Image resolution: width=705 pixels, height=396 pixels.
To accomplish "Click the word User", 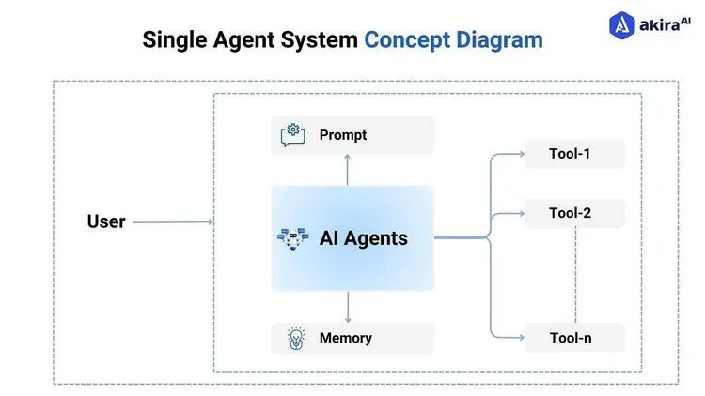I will tap(106, 221).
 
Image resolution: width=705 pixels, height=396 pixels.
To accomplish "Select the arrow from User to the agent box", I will tap(173, 222).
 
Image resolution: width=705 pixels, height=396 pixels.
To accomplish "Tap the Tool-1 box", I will tap(573, 153).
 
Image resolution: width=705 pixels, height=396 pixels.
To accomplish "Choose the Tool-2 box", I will tap(573, 213).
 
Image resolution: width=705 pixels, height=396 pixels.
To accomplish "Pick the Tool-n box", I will tap(573, 338).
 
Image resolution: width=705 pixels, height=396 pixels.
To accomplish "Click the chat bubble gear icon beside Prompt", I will tap(293, 135).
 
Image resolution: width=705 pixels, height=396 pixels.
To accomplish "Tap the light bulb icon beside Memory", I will tap(294, 338).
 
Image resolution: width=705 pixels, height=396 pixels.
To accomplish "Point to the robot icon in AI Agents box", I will tap(292, 238).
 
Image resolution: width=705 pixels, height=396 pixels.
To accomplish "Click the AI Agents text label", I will tap(364, 238).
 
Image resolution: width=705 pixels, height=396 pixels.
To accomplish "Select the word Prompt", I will tap(343, 135).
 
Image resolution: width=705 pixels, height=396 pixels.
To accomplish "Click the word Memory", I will tap(346, 338).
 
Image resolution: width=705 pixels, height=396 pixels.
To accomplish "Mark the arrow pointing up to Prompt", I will tap(348, 169).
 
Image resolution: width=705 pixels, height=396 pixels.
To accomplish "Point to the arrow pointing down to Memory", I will tap(348, 307).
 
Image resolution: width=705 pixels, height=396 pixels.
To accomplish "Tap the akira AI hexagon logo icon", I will tap(623, 25).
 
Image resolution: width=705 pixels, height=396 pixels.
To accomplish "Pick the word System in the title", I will tap(323, 40).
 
